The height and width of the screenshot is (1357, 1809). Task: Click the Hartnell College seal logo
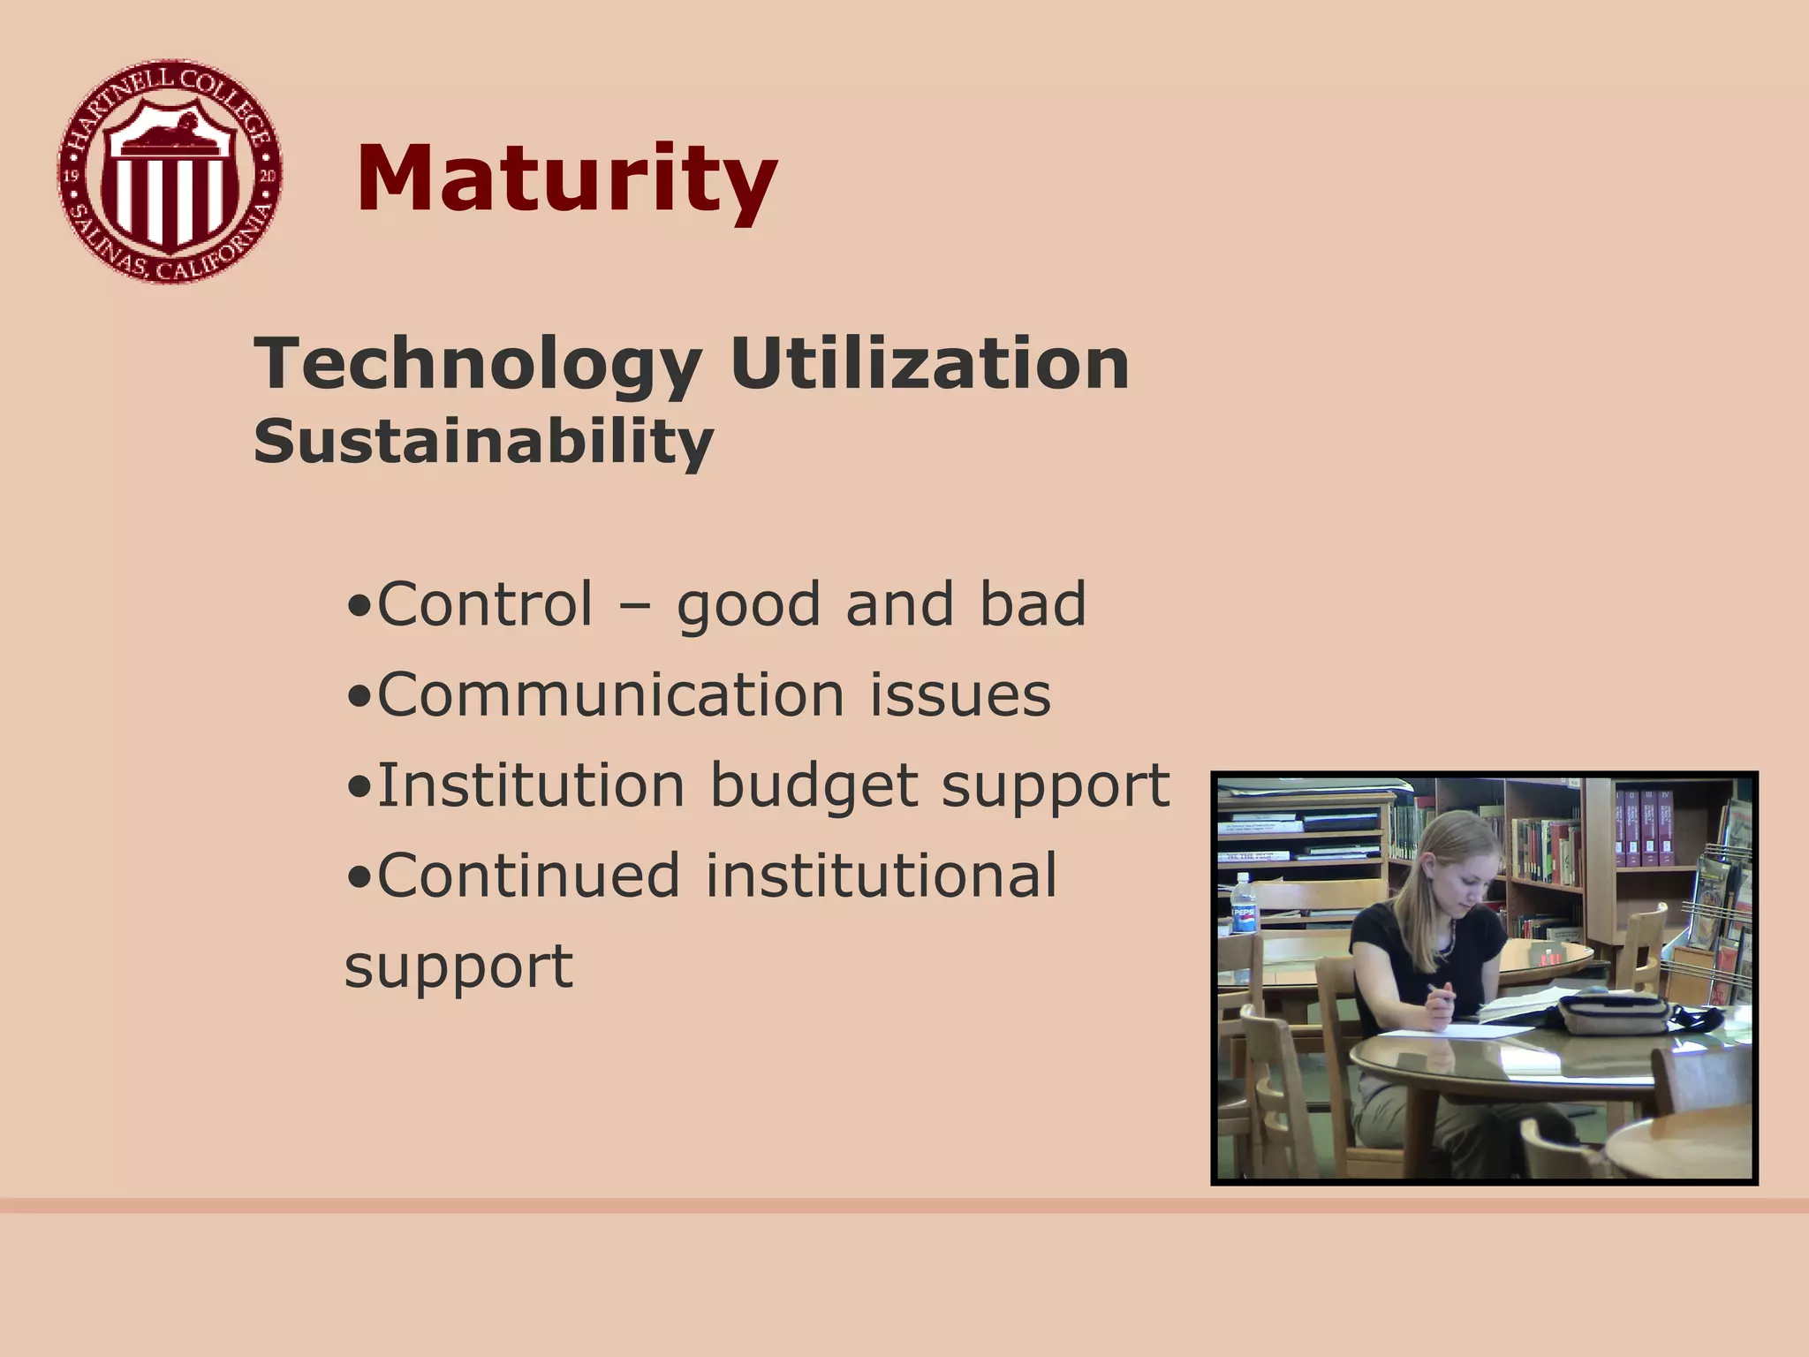[170, 172]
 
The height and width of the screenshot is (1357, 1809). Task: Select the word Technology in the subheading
[478, 364]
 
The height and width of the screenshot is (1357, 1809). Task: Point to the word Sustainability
[483, 441]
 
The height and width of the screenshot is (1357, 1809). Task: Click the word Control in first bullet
[485, 604]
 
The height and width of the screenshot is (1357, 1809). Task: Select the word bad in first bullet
[1033, 604]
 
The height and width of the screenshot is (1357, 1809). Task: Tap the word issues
[961, 694]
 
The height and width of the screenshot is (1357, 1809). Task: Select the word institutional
[881, 876]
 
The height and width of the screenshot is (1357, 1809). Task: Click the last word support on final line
[458, 967]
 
